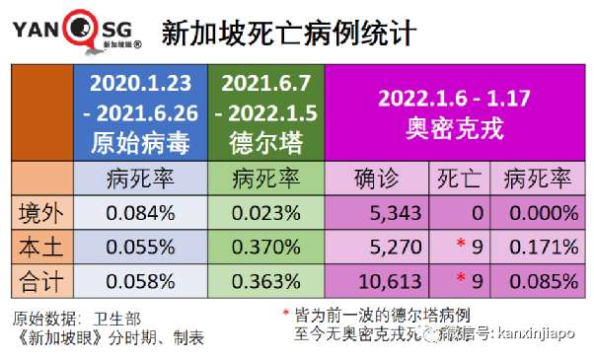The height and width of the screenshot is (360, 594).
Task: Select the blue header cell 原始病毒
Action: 145,113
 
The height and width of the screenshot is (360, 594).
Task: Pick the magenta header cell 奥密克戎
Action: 454,113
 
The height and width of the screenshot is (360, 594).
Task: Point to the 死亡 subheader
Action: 459,179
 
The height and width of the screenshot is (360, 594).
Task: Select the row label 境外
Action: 43,212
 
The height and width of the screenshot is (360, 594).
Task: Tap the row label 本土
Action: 43,248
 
